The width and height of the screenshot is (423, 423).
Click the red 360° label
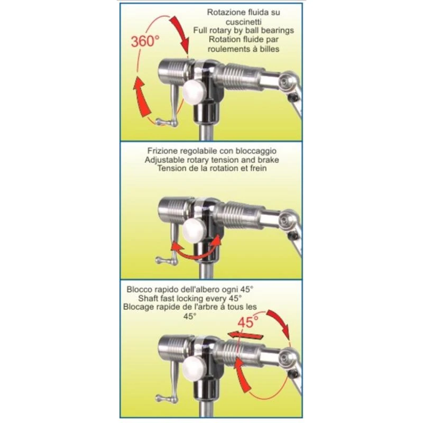145,41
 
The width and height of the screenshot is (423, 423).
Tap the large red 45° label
248,322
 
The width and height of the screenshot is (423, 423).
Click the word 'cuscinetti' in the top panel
244,22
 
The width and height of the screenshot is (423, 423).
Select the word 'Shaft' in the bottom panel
148,298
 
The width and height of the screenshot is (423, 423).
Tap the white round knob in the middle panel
194,231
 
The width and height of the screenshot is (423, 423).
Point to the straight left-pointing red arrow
245,335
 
